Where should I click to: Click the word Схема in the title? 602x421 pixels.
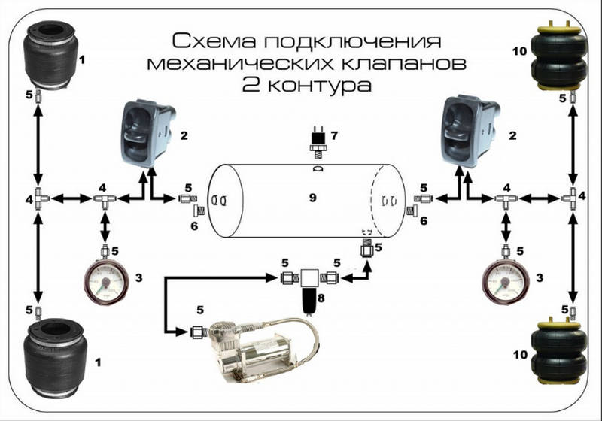pyautogui.click(x=214, y=41)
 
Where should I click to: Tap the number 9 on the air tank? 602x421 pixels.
pyautogui.click(x=313, y=198)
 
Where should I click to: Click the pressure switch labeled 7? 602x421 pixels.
pyautogui.click(x=318, y=143)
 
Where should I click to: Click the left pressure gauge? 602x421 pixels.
pyautogui.click(x=106, y=281)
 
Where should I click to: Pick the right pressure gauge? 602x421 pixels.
pyautogui.click(x=505, y=281)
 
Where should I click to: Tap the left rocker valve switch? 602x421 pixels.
pyautogui.click(x=147, y=133)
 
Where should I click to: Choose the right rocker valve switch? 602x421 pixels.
pyautogui.click(x=470, y=131)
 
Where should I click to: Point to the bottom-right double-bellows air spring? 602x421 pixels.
pyautogui.click(x=559, y=351)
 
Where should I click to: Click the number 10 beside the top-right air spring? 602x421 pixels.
pyautogui.click(x=520, y=51)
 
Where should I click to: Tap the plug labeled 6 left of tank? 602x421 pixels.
pyautogui.click(x=199, y=210)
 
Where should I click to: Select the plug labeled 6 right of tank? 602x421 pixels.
pyautogui.click(x=412, y=210)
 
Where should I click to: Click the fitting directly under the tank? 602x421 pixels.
pyautogui.click(x=367, y=248)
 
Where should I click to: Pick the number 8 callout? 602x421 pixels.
pyautogui.click(x=321, y=298)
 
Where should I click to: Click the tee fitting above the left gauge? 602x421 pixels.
pyautogui.click(x=105, y=199)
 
